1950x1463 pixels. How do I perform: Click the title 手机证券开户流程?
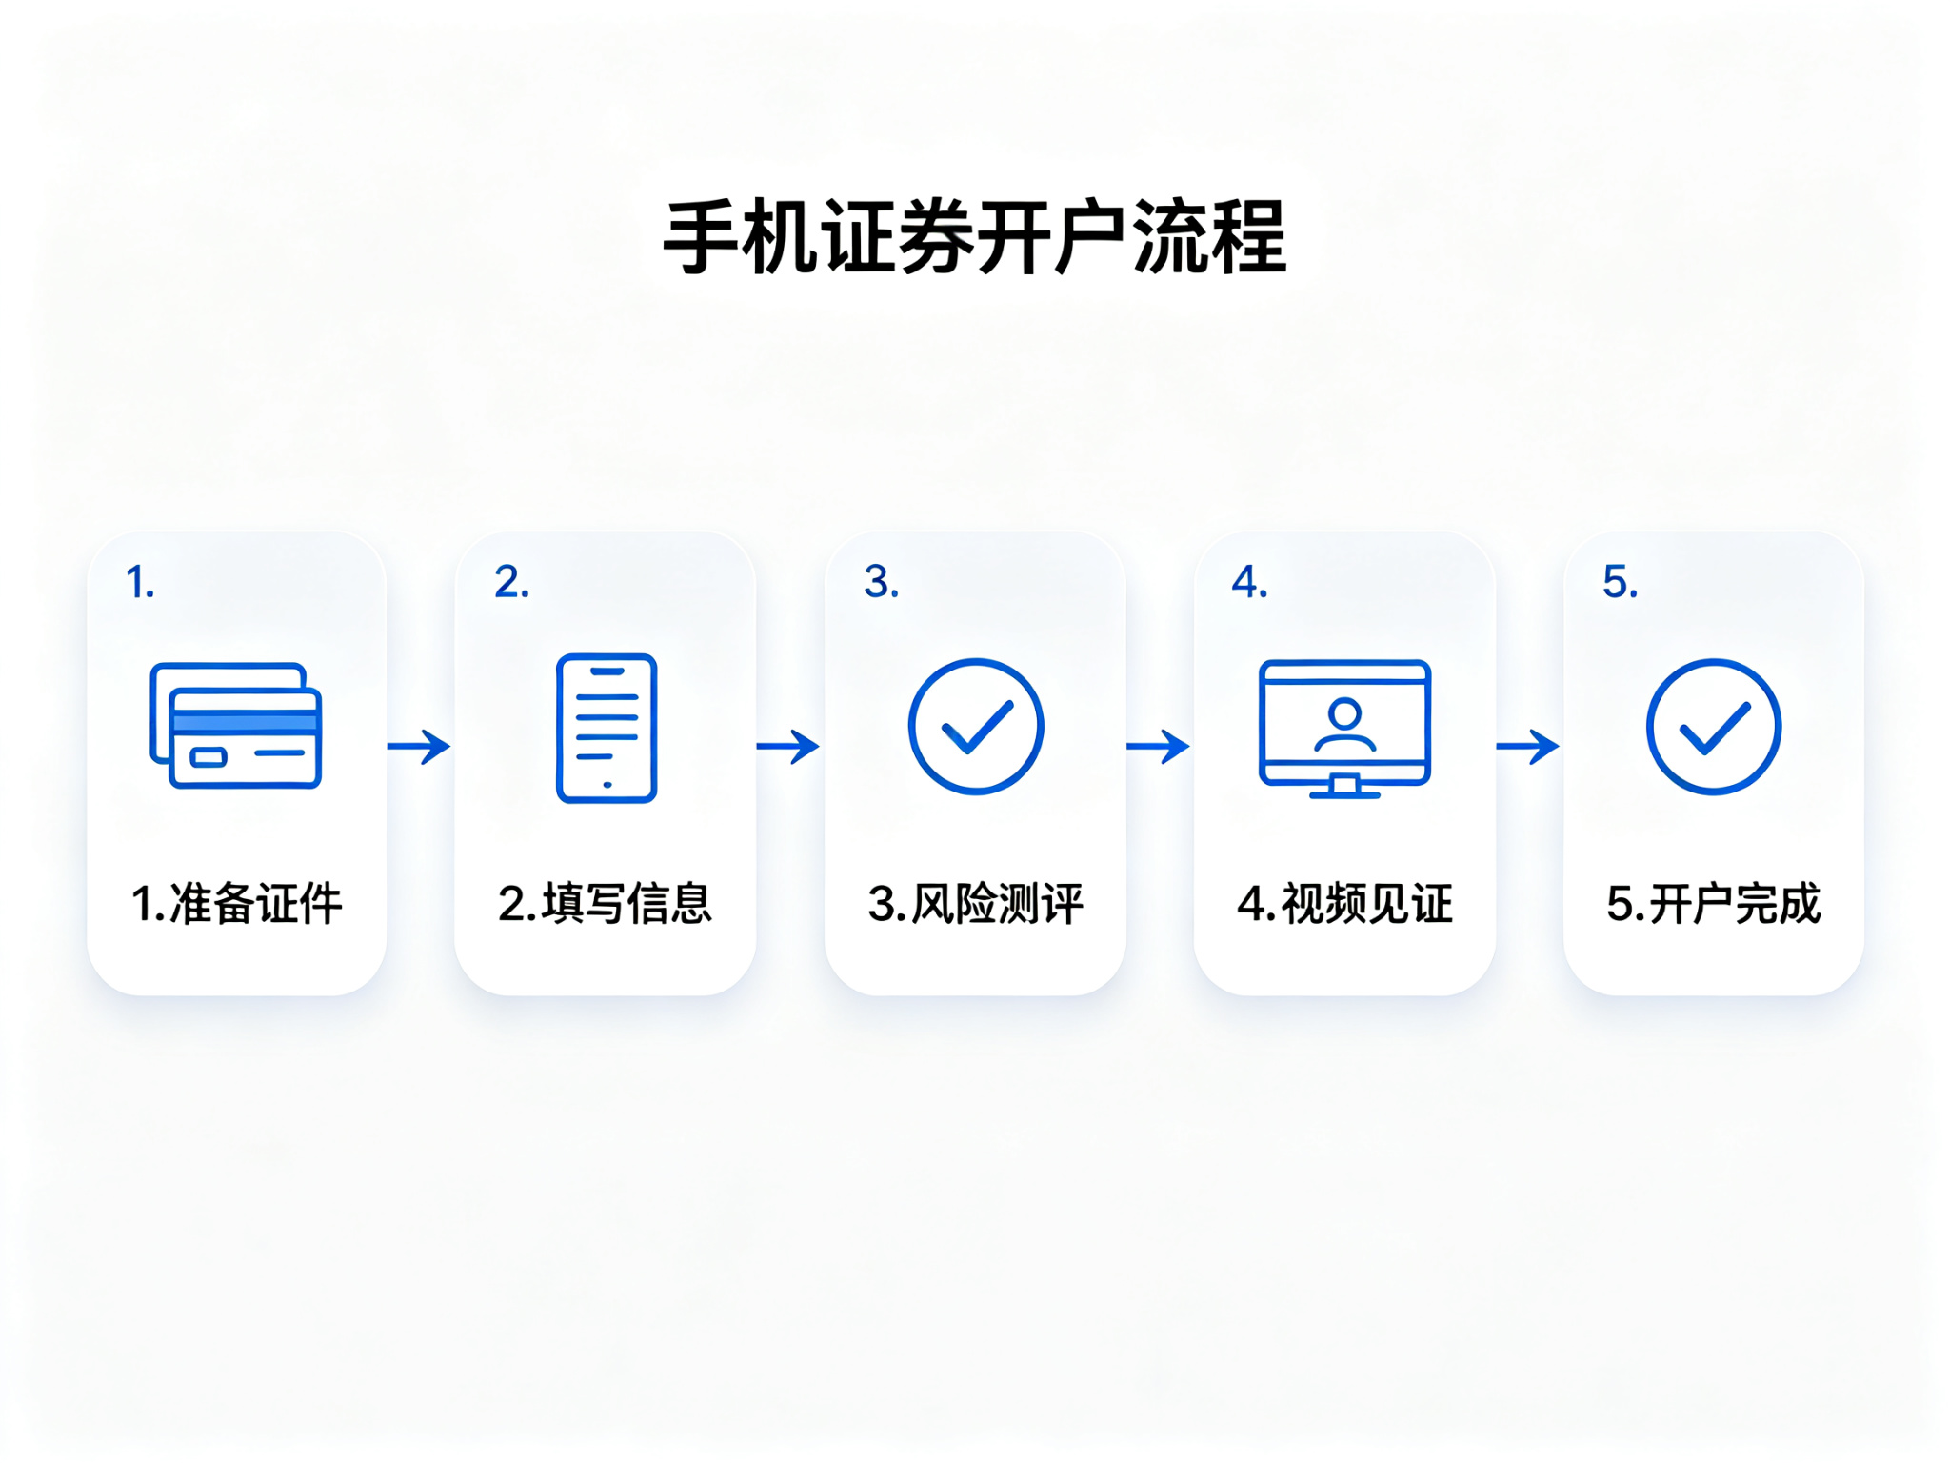[x=975, y=237]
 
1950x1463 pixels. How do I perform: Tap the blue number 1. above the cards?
[x=140, y=582]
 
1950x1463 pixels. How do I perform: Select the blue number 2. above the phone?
[x=511, y=582]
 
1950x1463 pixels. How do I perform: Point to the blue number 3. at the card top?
[x=881, y=582]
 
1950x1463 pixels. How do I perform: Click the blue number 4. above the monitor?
[x=1249, y=582]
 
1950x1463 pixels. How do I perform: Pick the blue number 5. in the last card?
[x=1620, y=582]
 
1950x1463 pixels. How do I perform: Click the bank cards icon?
[x=236, y=726]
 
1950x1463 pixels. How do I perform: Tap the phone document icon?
[x=607, y=729]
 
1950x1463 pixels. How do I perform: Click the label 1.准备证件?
[x=236, y=904]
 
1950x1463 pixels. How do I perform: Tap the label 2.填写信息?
[x=606, y=904]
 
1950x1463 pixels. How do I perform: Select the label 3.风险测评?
[x=976, y=904]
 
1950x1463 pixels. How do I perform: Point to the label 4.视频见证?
[x=1344, y=904]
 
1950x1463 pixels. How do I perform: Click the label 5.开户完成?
[x=1714, y=904]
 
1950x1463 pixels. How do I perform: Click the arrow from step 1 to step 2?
[x=419, y=747]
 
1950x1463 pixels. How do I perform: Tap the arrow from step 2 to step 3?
[x=788, y=747]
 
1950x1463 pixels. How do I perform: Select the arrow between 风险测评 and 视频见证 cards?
[x=1158, y=747]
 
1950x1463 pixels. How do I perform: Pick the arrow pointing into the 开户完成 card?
[x=1527, y=747]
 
